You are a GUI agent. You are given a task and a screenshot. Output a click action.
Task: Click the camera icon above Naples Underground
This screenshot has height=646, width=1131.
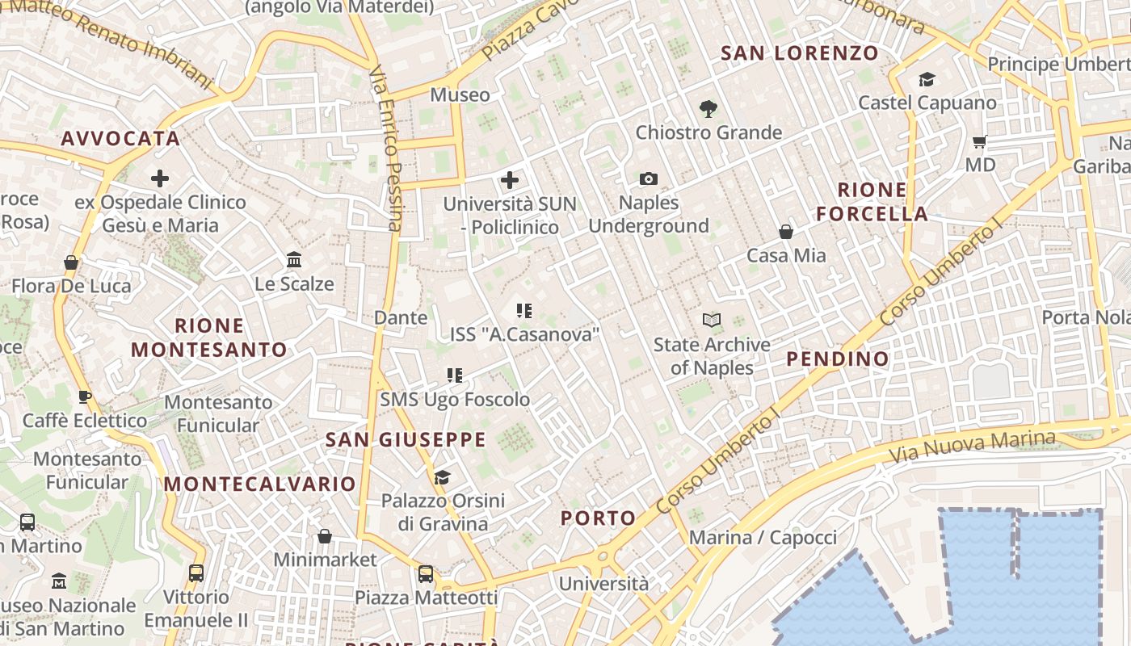click(x=648, y=178)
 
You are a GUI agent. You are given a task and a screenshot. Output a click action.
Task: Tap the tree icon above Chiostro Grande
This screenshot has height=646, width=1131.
click(x=708, y=108)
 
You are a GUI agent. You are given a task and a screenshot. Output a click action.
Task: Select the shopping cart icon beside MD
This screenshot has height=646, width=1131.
click(x=980, y=142)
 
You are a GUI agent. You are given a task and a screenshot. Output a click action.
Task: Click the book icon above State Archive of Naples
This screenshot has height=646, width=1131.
click(x=712, y=321)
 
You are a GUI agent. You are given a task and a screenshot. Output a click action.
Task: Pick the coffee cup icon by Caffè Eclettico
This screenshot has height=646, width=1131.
click(x=84, y=396)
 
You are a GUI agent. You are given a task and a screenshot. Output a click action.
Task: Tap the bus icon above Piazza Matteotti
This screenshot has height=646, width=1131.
click(x=426, y=574)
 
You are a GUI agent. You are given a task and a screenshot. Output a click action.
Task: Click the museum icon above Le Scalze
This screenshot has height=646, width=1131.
click(x=294, y=260)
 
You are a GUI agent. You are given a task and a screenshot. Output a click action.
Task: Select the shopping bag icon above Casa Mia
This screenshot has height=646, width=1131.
click(x=786, y=232)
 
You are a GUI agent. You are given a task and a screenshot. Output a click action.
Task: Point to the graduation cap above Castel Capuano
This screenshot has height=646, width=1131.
click(x=927, y=79)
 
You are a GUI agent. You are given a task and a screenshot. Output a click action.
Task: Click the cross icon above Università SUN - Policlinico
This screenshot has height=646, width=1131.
click(x=510, y=180)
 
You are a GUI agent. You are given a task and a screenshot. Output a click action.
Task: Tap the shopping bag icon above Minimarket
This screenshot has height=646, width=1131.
click(x=325, y=536)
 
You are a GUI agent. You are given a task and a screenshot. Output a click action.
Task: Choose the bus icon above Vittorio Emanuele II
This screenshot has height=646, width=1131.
click(x=196, y=573)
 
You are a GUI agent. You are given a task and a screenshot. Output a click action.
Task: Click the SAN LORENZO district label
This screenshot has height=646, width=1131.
click(x=799, y=53)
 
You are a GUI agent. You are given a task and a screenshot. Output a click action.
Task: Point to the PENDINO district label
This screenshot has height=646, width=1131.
click(x=837, y=359)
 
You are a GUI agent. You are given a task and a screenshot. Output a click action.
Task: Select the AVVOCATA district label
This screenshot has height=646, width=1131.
click(x=120, y=138)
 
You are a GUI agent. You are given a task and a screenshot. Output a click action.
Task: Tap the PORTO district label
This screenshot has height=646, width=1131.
click(x=598, y=518)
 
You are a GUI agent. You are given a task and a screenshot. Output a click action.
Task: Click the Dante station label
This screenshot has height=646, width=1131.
click(x=401, y=317)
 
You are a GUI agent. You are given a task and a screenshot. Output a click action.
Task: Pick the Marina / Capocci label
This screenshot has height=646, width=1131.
click(x=763, y=538)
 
